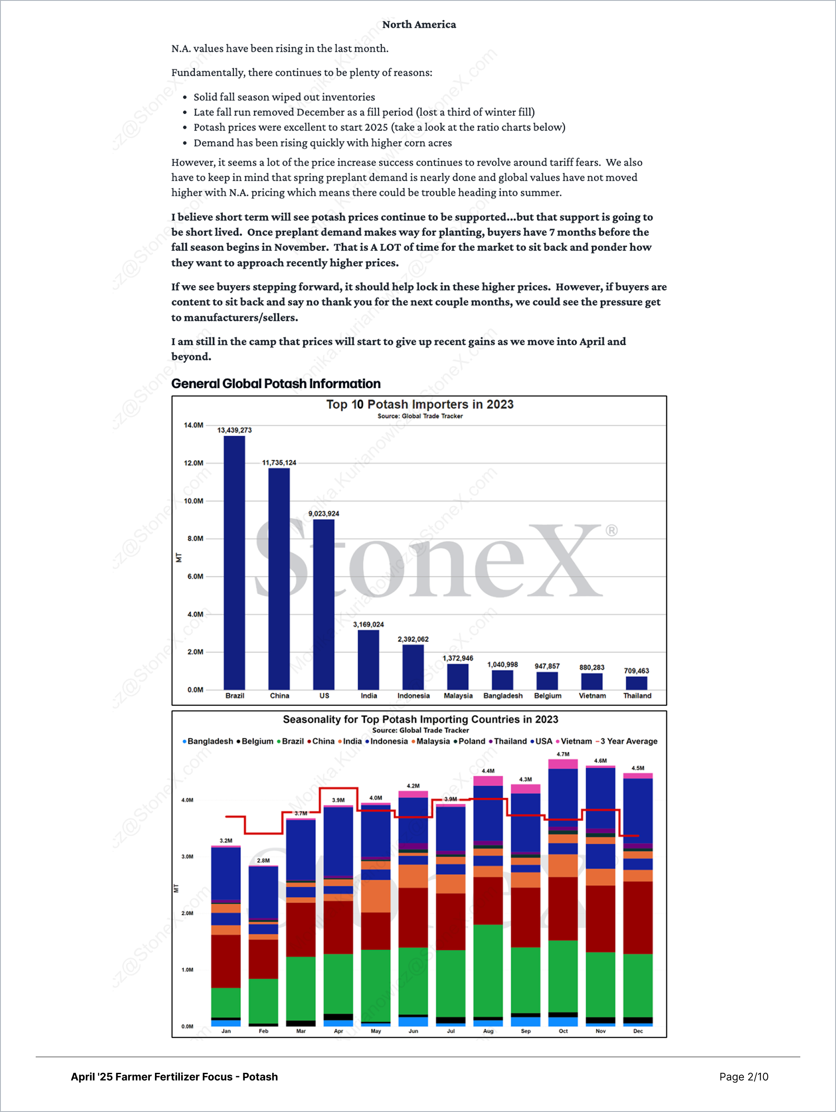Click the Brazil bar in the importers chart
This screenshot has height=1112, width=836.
coord(234,563)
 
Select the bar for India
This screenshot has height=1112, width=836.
coord(368,660)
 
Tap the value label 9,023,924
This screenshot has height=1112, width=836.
coord(324,513)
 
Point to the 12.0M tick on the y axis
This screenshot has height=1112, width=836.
coord(193,463)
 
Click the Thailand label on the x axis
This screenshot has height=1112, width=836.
coord(637,696)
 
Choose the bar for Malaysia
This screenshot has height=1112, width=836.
coord(458,677)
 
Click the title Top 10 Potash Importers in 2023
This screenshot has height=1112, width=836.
coord(420,404)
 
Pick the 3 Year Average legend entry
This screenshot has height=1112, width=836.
coord(628,741)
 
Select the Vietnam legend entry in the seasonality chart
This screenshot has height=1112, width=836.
coord(576,741)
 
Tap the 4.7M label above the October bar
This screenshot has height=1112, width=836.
coord(563,754)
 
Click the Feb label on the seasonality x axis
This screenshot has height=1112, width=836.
coord(263,1031)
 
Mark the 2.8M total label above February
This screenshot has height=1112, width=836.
coord(263,860)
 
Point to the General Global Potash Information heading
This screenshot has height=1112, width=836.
coord(276,384)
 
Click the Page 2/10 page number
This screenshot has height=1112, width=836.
coord(744,1076)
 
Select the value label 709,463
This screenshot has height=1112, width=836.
coord(637,671)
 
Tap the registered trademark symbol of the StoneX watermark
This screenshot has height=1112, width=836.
coord(611,530)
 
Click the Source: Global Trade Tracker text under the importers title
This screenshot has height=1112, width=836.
coord(420,416)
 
